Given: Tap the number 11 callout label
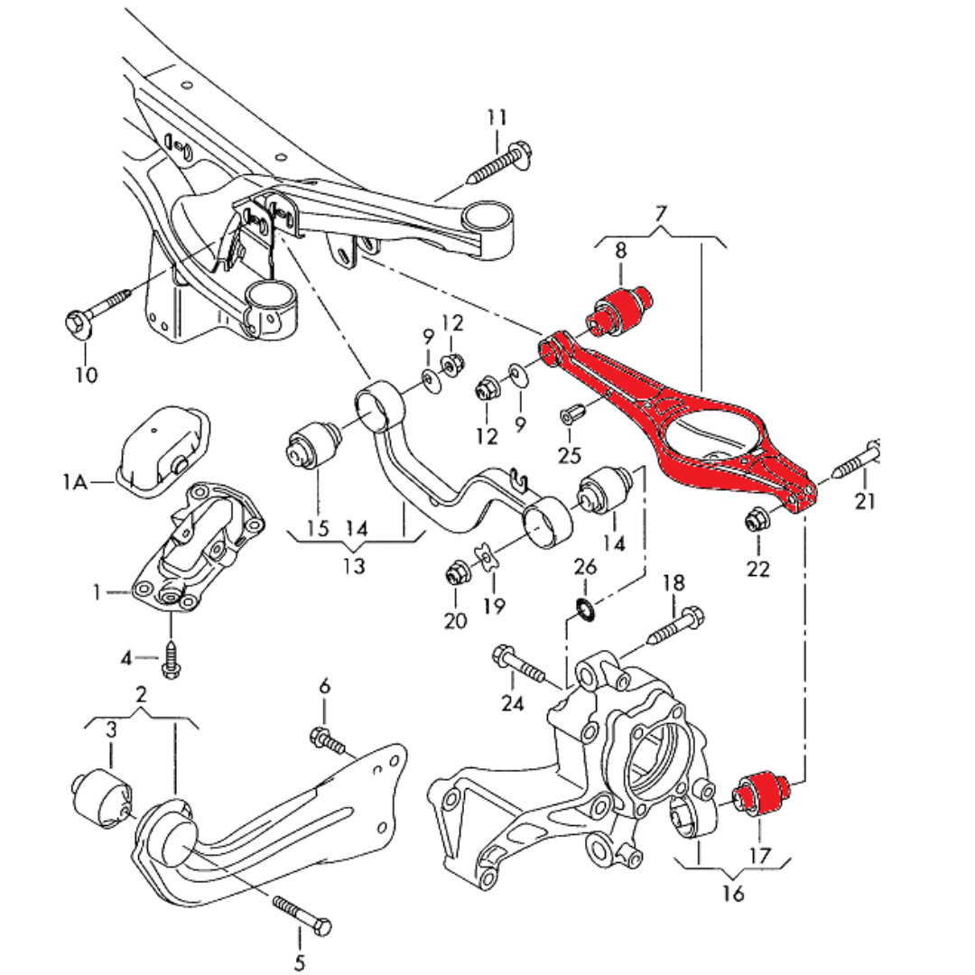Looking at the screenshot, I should point(497,118).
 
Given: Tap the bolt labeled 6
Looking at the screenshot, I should point(330,741).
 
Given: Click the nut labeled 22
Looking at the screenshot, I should point(757,520).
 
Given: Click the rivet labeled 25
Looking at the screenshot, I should point(571,414).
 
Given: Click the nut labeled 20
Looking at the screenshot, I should point(457,572).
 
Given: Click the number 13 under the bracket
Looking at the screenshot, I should point(355,566).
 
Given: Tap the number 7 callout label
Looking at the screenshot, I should point(661,215).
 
